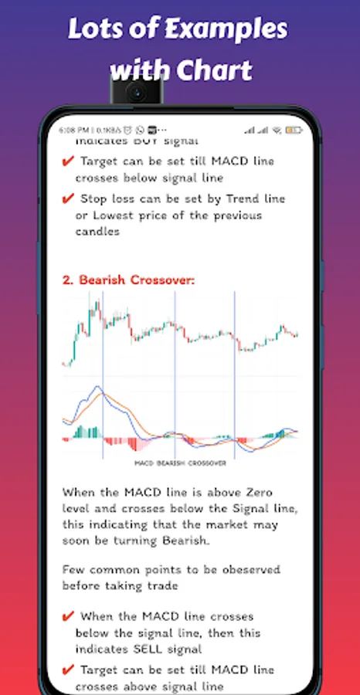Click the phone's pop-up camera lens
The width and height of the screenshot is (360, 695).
coord(136,93)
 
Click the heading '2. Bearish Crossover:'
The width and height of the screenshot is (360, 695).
coord(128,280)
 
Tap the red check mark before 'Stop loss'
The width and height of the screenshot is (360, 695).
coord(67,198)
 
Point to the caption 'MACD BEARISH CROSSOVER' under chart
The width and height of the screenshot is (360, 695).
coord(180,463)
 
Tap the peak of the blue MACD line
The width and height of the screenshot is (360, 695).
coord(97,387)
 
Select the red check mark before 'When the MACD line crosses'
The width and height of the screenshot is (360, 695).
coord(67,616)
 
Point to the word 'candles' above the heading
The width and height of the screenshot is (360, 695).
coord(97,232)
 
